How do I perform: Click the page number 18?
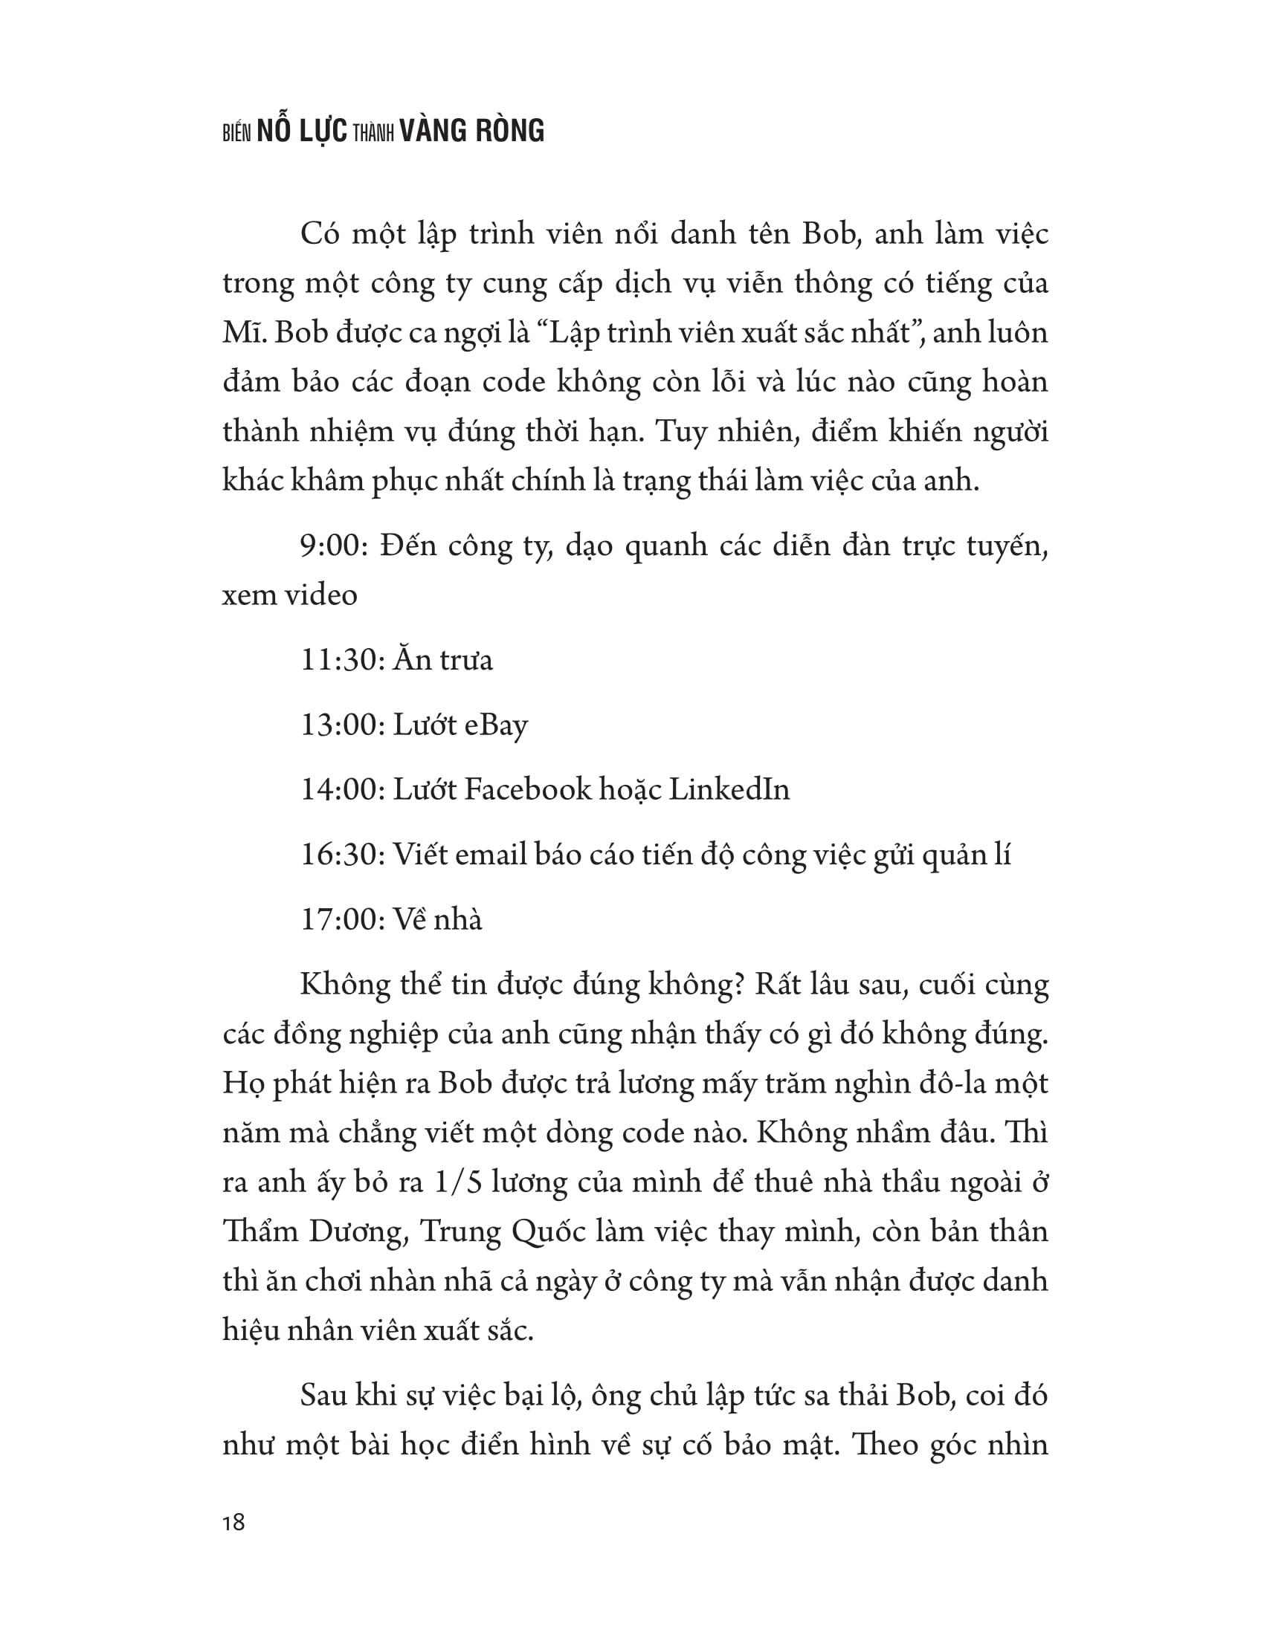(233, 1523)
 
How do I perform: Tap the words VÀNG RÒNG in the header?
(471, 131)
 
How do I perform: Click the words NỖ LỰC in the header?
(302, 131)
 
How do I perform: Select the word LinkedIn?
(729, 789)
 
